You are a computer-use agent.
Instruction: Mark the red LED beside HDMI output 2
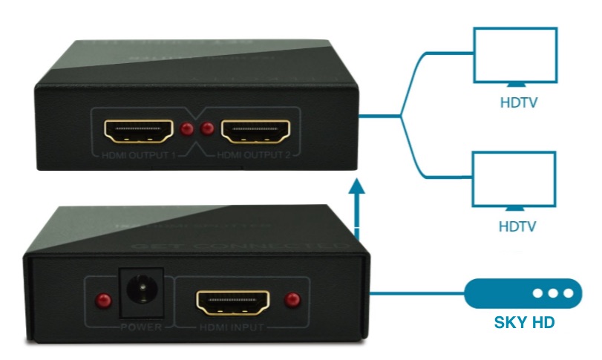pos(208,130)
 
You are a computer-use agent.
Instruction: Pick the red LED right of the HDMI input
pos(292,301)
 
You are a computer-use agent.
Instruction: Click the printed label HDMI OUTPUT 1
pos(140,155)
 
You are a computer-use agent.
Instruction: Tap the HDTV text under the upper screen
pos(517,102)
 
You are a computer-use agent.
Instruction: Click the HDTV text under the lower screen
pos(517,226)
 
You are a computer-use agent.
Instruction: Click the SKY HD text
pos(523,324)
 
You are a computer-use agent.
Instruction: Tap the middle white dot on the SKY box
pos(554,293)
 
